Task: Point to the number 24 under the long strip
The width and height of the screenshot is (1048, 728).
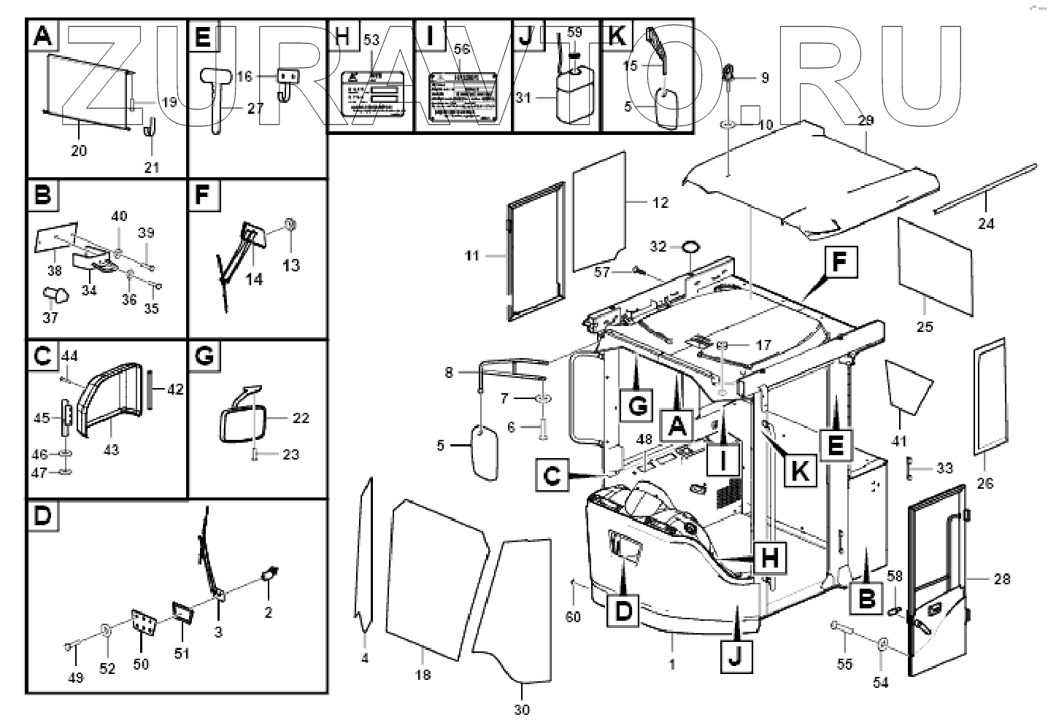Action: pyautogui.click(x=986, y=224)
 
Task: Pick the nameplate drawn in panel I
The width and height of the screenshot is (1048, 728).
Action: pyautogui.click(x=463, y=93)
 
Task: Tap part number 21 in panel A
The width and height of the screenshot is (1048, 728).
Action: pyautogui.click(x=151, y=167)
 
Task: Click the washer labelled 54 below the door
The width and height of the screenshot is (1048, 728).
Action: pyautogui.click(x=882, y=643)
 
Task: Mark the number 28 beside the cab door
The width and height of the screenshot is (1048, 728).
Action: pyautogui.click(x=1002, y=579)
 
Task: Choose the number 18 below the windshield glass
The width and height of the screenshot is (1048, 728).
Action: pyautogui.click(x=423, y=675)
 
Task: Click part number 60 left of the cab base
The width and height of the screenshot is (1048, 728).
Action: pyautogui.click(x=574, y=617)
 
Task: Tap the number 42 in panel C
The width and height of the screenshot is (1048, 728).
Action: pyautogui.click(x=175, y=390)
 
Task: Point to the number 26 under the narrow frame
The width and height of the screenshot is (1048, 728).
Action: pyautogui.click(x=985, y=483)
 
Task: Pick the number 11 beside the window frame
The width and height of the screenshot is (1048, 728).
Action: pyautogui.click(x=472, y=256)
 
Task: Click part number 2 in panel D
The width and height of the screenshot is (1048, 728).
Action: pyautogui.click(x=268, y=612)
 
